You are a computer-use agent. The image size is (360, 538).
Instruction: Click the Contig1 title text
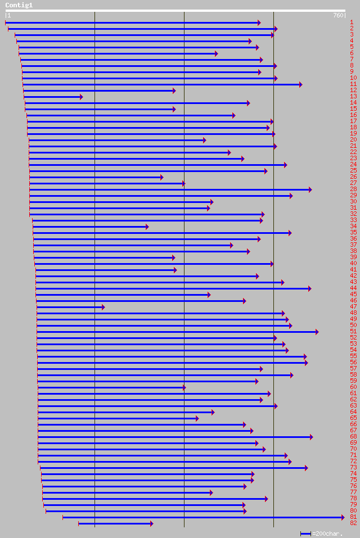(x=19, y=5)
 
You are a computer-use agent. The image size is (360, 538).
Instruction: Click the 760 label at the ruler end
(x=337, y=16)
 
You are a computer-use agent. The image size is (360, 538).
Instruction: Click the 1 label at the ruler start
(x=9, y=16)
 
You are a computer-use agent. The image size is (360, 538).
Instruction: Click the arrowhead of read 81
(x=343, y=517)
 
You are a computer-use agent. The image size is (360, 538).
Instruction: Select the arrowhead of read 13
(x=81, y=97)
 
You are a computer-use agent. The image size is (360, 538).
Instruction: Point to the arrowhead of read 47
(x=103, y=307)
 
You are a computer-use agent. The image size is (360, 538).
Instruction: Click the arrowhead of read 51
(x=317, y=332)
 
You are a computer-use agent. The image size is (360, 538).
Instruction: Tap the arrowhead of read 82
(x=151, y=523)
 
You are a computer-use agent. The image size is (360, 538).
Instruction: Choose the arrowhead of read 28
(x=310, y=189)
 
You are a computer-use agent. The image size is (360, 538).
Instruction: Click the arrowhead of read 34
(x=147, y=227)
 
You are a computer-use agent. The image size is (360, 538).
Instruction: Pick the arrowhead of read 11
(x=301, y=84)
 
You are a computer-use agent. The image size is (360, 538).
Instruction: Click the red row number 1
(x=352, y=22)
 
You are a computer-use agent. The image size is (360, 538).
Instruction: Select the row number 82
(x=353, y=523)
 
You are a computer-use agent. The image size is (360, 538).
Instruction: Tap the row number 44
(x=353, y=288)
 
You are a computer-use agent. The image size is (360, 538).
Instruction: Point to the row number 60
(x=353, y=387)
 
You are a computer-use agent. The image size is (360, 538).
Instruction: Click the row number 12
(x=353, y=91)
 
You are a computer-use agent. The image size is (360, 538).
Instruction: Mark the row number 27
(x=353, y=183)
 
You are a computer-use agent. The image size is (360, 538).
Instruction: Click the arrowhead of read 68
(x=311, y=437)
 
